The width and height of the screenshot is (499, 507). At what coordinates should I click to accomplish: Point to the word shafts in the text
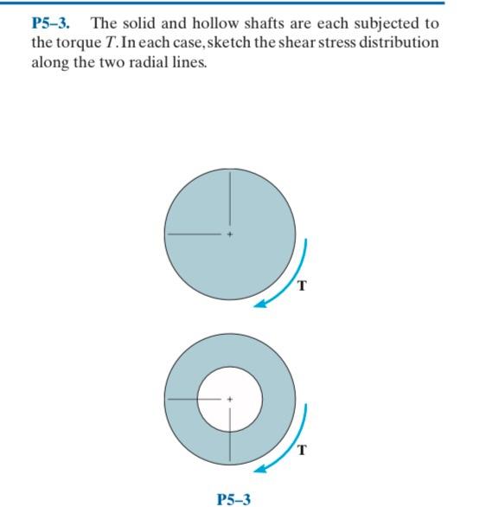click(x=268, y=23)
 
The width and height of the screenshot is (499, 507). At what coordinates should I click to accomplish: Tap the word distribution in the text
click(x=400, y=42)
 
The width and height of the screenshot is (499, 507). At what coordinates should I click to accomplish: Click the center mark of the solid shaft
click(x=230, y=234)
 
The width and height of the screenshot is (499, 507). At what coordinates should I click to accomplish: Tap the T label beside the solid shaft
click(x=301, y=286)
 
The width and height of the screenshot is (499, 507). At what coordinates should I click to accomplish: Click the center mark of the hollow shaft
click(x=230, y=399)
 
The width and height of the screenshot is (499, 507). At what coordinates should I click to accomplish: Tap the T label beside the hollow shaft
click(x=301, y=450)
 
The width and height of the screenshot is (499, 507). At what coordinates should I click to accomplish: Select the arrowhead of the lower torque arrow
click(x=259, y=470)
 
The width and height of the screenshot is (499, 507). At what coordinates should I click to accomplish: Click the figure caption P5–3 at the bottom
click(x=234, y=498)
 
